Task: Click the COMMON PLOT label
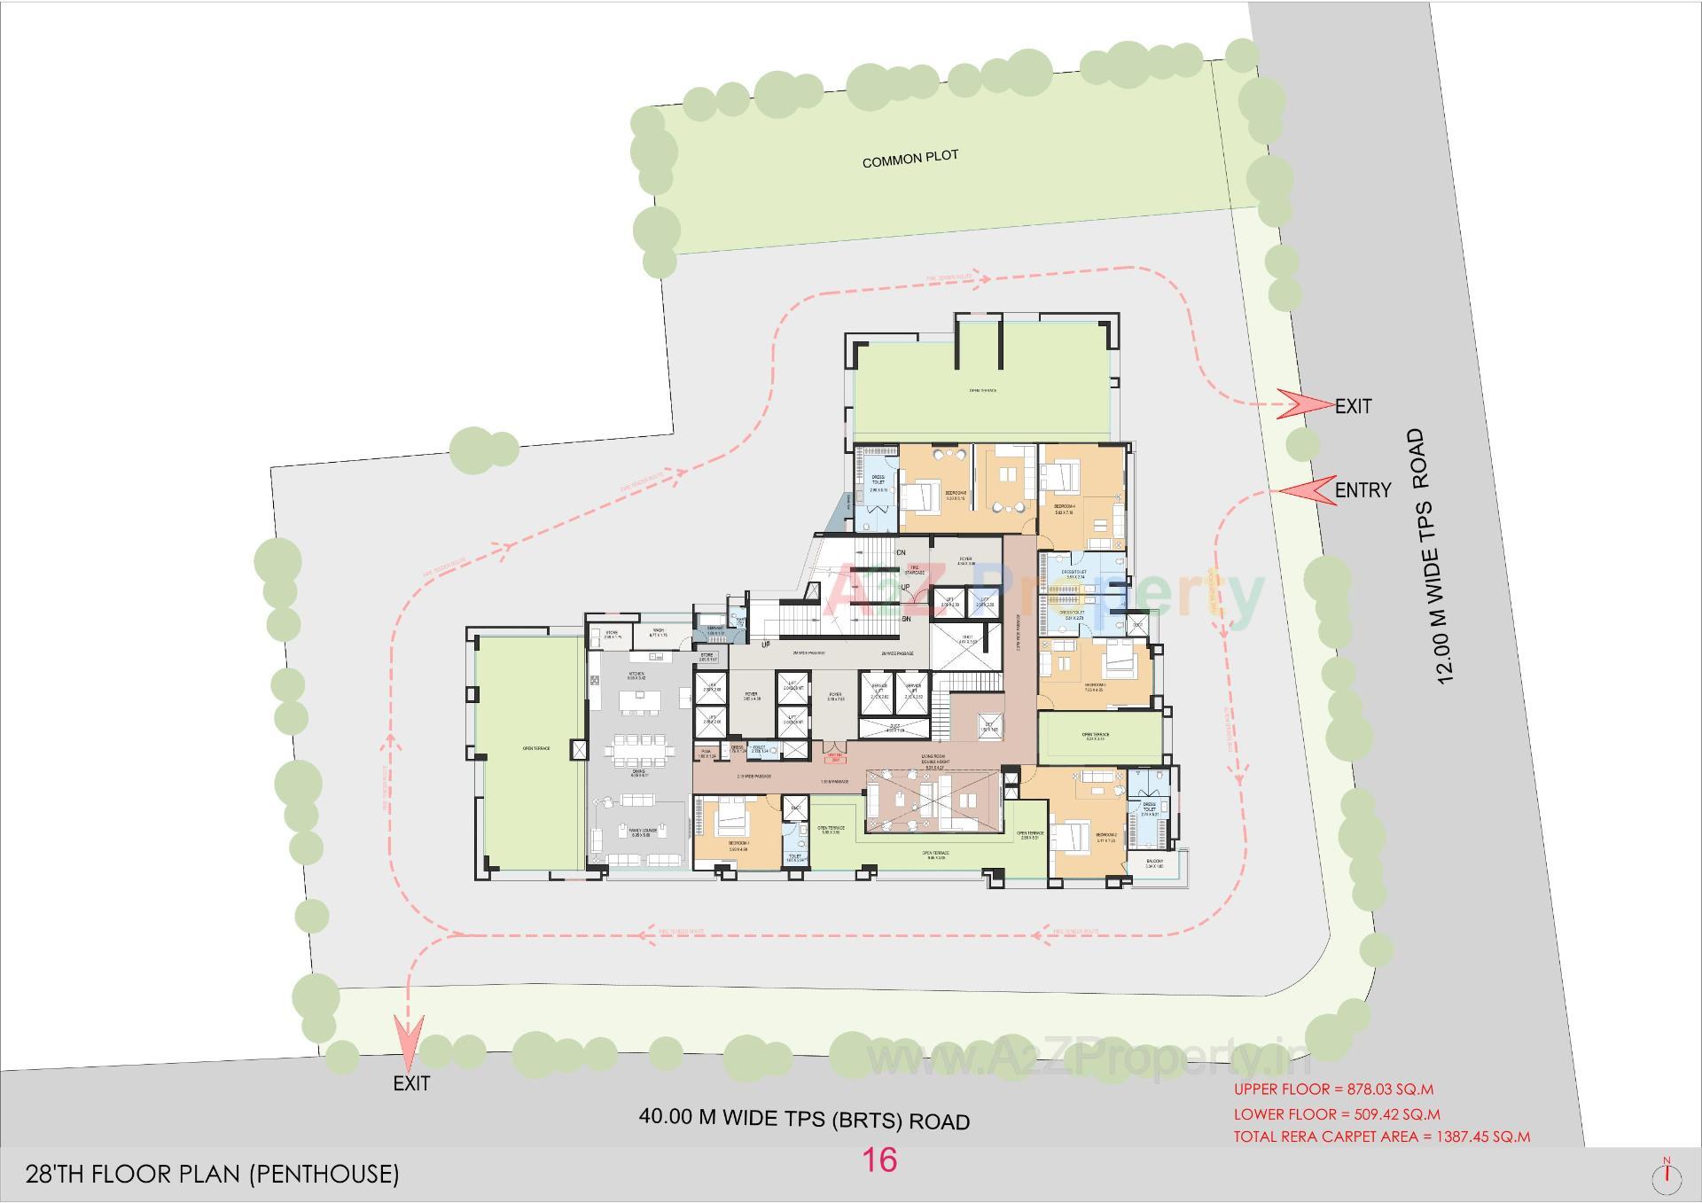tap(910, 159)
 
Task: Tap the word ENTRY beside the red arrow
tap(1362, 490)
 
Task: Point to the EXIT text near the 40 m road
tap(411, 1083)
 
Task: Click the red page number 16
tap(879, 1160)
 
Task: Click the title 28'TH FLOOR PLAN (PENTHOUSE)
tap(213, 1175)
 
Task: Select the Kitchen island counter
tap(641, 700)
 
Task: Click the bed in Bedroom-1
tap(730, 818)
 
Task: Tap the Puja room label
tap(707, 753)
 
